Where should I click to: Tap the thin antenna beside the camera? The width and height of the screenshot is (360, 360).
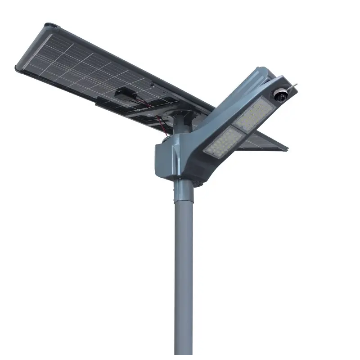tap(293, 84)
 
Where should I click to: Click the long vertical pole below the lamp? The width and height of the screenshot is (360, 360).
tap(184, 270)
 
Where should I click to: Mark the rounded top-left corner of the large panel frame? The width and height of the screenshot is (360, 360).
tap(48, 26)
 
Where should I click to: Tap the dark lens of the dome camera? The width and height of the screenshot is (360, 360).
tap(279, 95)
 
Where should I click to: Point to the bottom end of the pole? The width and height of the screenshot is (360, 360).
tap(184, 355)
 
